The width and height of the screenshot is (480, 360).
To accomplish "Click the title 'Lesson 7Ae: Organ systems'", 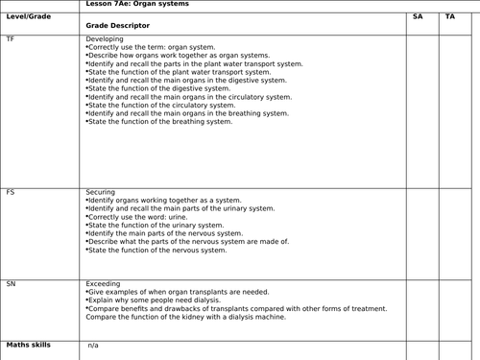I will (137, 5).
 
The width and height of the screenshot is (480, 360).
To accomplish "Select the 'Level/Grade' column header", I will (28, 17).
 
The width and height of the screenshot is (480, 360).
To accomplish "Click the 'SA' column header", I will (418, 17).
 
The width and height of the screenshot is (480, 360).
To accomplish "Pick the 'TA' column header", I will (451, 17).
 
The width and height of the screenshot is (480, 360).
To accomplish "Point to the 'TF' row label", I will (11, 39).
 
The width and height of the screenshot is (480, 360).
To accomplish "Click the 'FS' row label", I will (11, 192).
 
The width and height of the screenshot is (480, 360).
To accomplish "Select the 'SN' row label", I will (11, 284).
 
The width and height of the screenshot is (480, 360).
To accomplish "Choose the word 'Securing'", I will (101, 192).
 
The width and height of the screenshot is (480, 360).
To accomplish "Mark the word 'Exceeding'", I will (105, 284).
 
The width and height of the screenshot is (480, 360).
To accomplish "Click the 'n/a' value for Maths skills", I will (94, 345).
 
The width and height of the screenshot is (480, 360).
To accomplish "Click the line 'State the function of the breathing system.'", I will (160, 122).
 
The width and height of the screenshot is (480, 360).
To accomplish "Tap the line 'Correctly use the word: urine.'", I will (139, 217).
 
